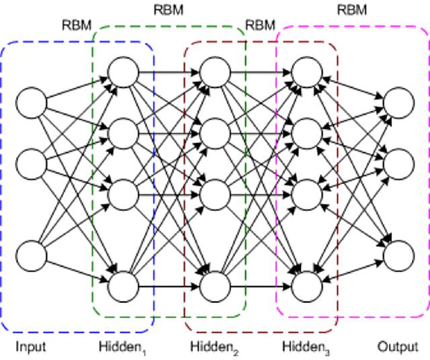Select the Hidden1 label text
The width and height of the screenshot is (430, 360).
point(121,347)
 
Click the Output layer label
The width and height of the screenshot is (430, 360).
point(397,347)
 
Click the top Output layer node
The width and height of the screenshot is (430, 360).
point(398,103)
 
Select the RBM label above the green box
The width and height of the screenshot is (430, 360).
point(168,11)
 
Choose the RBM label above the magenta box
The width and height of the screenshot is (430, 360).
point(352,11)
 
